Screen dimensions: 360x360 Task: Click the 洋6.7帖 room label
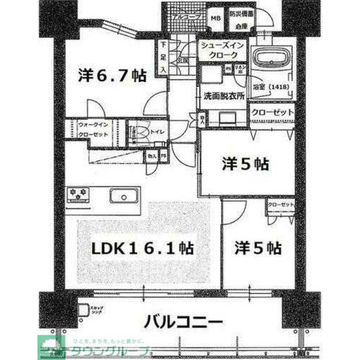112,76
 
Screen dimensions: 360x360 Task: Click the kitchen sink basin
123,197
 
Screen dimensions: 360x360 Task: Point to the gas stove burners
77,194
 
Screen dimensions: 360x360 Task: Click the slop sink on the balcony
84,310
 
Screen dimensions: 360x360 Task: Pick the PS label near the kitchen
163,156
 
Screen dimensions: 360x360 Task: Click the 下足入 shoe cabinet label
163,57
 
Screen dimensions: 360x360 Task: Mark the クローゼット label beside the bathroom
273,112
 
